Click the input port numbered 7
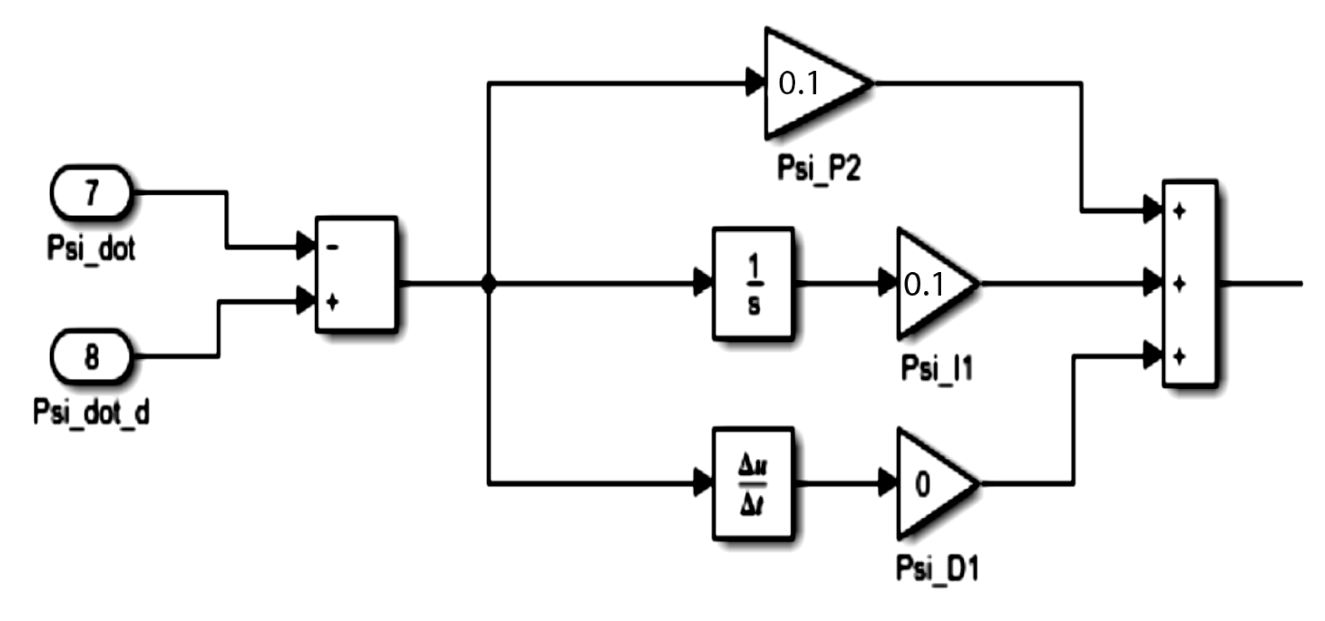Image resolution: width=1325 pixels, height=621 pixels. [x=91, y=193]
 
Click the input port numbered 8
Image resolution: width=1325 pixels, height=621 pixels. [x=91, y=357]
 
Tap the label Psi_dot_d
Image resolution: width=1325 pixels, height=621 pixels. [x=91, y=412]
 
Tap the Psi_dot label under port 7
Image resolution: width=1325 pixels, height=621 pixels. [x=91, y=248]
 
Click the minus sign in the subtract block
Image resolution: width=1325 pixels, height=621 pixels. [x=333, y=247]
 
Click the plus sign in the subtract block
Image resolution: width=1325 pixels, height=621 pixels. [x=333, y=302]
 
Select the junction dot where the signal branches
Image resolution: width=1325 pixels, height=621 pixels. [x=489, y=284]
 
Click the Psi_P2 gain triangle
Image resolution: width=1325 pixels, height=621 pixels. [x=806, y=83]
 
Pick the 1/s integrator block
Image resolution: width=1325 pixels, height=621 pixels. [x=753, y=284]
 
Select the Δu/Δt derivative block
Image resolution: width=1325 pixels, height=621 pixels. [x=753, y=484]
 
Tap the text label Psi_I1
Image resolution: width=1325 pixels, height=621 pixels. [x=937, y=368]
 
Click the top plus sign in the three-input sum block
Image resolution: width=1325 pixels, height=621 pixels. [x=1180, y=211]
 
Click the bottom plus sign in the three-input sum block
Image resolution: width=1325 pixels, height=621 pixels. [x=1180, y=357]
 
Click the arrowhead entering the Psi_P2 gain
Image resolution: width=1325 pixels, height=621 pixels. [x=755, y=83]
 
